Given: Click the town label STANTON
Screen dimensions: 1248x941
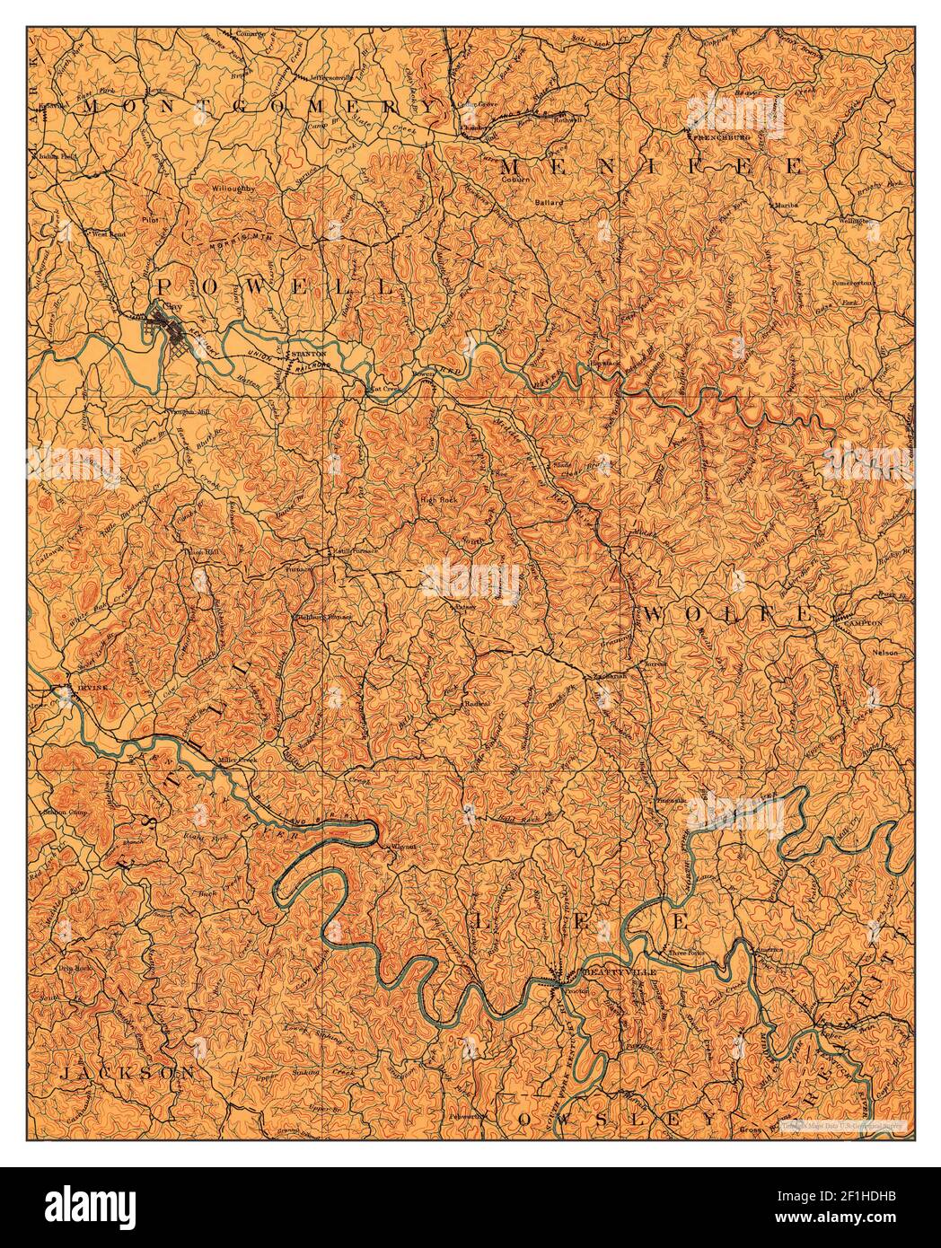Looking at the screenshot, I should point(307,355).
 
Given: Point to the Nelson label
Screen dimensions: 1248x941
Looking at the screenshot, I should point(884,653).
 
